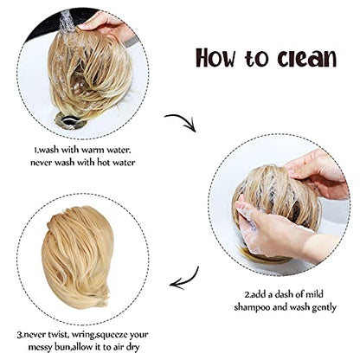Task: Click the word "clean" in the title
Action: coord(307,58)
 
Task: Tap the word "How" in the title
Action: coord(215,58)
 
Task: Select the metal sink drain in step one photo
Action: coord(71,121)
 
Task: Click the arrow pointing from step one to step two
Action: coord(183,120)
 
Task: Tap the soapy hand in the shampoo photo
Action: coord(268,231)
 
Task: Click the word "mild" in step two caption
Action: coord(313,294)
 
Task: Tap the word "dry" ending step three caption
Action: coord(133,347)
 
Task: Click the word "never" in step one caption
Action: coord(42,163)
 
